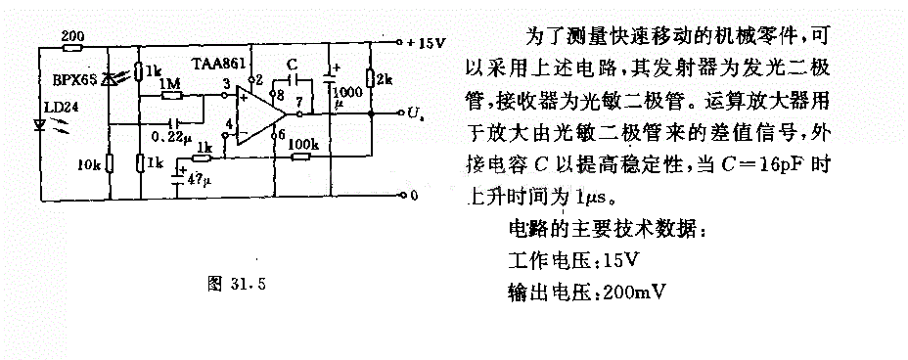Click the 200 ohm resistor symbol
tap(73, 48)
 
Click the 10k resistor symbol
tap(110, 164)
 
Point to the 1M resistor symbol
tap(172, 94)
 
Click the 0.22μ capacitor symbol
tap(171, 123)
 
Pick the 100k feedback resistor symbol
tap(300, 156)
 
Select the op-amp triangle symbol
tap(260, 112)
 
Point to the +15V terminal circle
tap(399, 42)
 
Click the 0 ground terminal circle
tap(399, 196)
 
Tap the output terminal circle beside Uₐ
tap(399, 113)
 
